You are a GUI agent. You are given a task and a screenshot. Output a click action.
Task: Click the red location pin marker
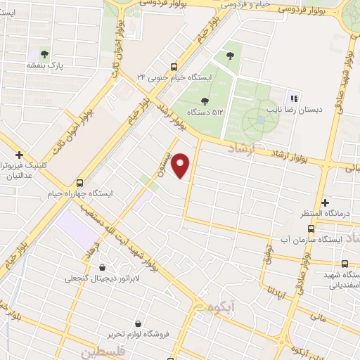pyautogui.click(x=181, y=165)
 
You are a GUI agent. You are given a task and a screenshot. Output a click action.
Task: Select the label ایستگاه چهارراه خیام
pyautogui.click(x=79, y=192)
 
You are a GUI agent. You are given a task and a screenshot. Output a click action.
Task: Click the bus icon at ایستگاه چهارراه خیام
pyautogui.click(x=79, y=180)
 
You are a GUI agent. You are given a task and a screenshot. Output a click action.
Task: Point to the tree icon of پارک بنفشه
pyautogui.click(x=44, y=53)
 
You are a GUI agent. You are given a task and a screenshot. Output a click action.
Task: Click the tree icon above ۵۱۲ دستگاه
pyautogui.click(x=205, y=101)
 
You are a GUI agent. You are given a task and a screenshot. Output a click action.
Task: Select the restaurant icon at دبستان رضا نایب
pyautogui.click(x=294, y=98)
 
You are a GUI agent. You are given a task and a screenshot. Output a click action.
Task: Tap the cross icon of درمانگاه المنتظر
pyautogui.click(x=325, y=202)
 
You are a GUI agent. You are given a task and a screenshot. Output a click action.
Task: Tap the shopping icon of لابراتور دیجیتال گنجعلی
pyautogui.click(x=103, y=267)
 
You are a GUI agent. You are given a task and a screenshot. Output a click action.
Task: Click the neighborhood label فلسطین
pyautogui.click(x=102, y=350)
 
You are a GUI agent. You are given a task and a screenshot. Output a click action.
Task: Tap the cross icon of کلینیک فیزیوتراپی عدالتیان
pyautogui.click(x=19, y=155)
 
